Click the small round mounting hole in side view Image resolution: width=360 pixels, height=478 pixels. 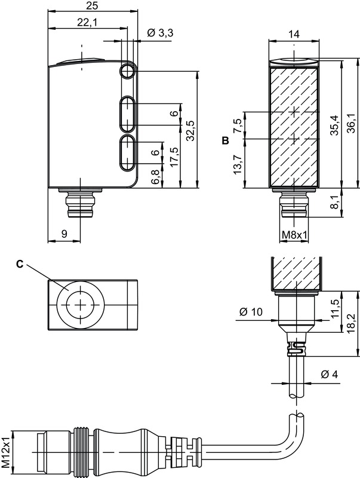tap(127, 72)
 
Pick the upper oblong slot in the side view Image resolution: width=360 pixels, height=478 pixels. tap(127, 114)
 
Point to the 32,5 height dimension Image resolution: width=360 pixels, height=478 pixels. tap(190, 131)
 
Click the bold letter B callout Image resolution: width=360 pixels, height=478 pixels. tap(225, 141)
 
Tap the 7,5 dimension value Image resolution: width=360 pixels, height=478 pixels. tap(238, 125)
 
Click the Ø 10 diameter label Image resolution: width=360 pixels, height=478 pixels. tap(251, 312)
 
